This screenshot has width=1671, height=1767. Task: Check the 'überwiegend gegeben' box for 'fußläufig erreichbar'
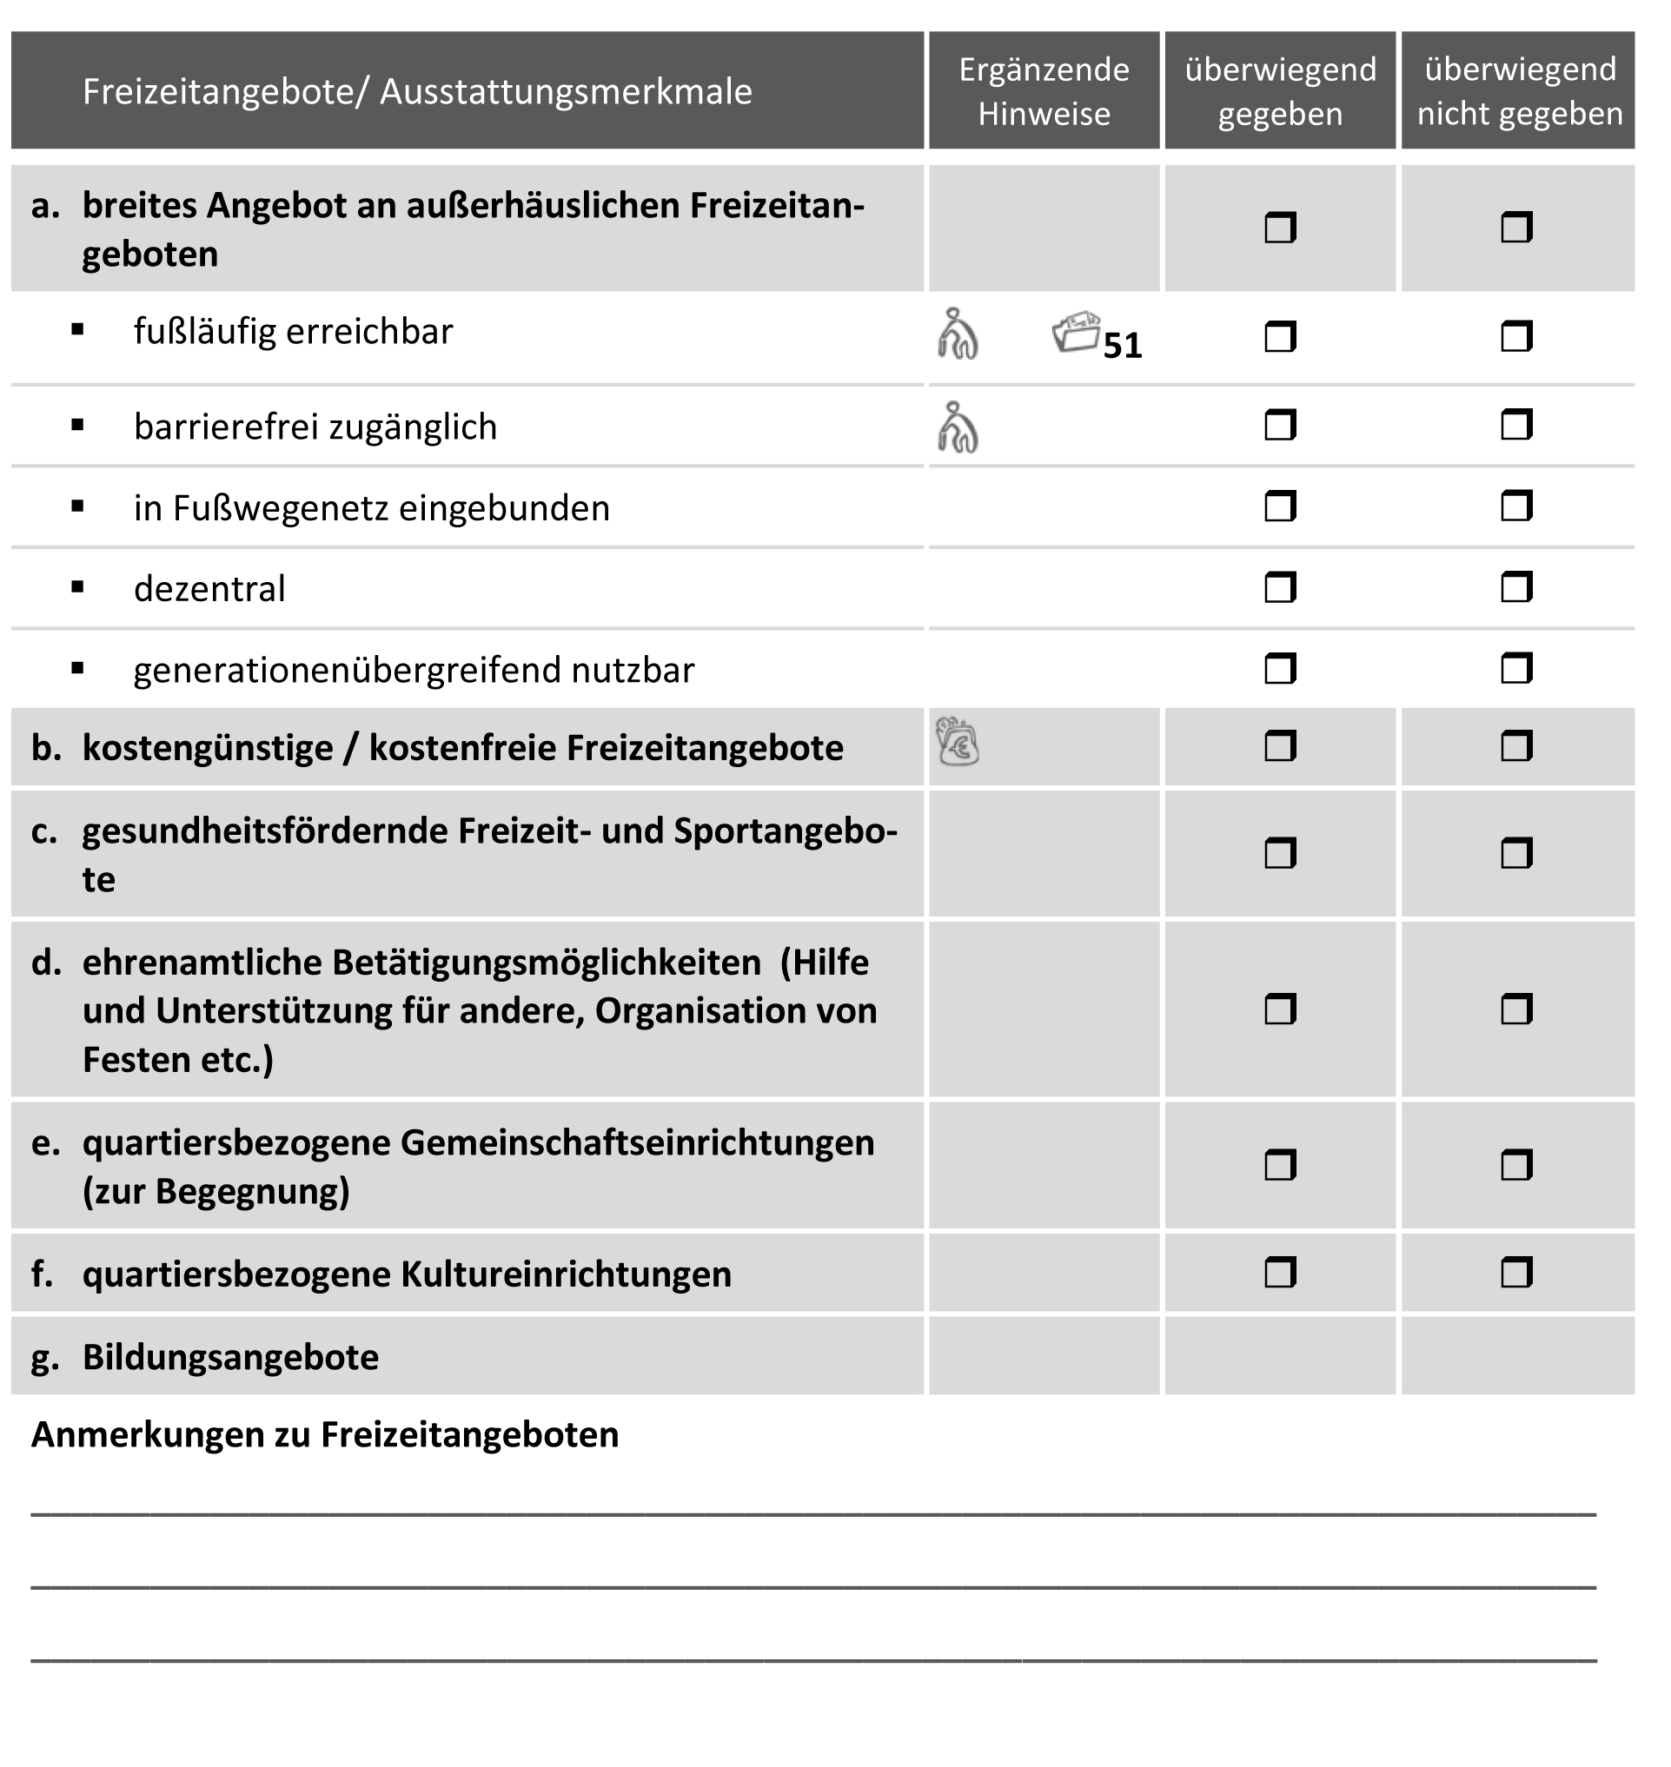click(1279, 337)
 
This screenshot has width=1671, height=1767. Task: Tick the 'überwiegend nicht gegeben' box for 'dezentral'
click(1516, 588)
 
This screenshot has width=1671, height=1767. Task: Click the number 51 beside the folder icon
click(1123, 347)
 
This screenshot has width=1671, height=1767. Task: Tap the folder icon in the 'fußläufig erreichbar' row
click(1076, 332)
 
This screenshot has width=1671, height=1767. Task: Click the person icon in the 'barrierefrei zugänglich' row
click(958, 427)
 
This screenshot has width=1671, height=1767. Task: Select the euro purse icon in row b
click(958, 742)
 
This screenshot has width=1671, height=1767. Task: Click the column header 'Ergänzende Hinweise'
click(1044, 91)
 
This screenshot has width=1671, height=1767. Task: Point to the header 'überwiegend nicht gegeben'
click(1520, 91)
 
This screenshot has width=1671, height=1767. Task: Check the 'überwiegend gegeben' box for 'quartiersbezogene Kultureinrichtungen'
click(1279, 1273)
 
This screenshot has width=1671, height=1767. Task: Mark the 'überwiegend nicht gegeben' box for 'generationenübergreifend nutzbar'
click(1516, 668)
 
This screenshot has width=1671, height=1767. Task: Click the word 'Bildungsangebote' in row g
click(230, 1357)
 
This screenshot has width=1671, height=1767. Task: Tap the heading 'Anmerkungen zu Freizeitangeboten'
click(325, 1435)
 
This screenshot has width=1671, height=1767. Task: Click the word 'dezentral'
click(209, 589)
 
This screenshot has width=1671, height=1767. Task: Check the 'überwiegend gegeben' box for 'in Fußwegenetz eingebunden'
click(1279, 506)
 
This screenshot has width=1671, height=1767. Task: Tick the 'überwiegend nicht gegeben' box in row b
click(1516, 746)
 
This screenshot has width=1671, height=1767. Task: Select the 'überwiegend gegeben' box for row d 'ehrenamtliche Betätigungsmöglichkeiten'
click(1279, 1009)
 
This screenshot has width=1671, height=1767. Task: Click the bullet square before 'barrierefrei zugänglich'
click(78, 426)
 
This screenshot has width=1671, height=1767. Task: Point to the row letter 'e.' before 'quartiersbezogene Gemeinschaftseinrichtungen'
click(45, 1142)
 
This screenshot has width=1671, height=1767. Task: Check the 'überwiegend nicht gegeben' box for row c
click(1516, 853)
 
